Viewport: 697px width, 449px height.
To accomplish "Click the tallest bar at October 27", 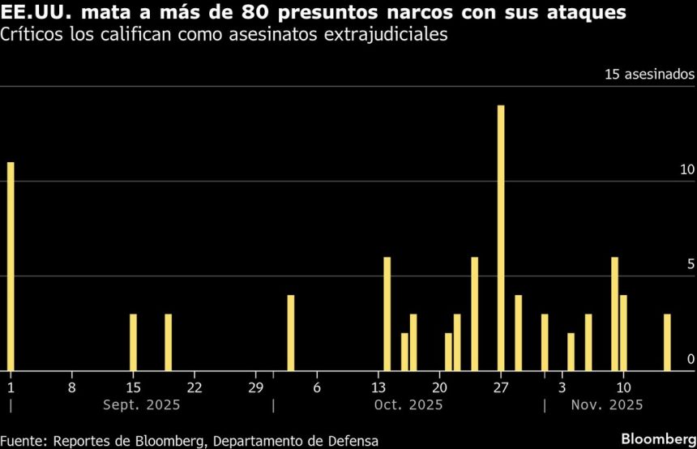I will (x=501, y=237).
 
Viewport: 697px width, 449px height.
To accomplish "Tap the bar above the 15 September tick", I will (x=133, y=341).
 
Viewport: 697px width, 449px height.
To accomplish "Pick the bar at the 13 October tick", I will (x=387, y=313).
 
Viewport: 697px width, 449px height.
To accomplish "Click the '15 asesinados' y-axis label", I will (x=649, y=74).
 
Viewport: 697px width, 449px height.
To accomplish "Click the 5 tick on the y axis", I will (x=691, y=264).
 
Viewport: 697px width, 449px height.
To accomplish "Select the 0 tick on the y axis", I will (x=691, y=359).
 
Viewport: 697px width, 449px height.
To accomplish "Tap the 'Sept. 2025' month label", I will (x=142, y=404).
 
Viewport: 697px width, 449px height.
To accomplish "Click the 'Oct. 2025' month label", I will (x=409, y=404).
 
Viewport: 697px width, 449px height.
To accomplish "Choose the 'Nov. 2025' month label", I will (x=607, y=404).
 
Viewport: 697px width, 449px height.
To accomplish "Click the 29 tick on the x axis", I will (x=255, y=387).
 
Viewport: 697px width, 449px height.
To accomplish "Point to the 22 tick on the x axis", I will (x=195, y=387).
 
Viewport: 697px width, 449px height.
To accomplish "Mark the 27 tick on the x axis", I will (x=501, y=387).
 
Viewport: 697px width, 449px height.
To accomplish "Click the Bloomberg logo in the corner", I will (x=658, y=438).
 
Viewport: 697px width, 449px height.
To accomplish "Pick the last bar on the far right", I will (x=667, y=341).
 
